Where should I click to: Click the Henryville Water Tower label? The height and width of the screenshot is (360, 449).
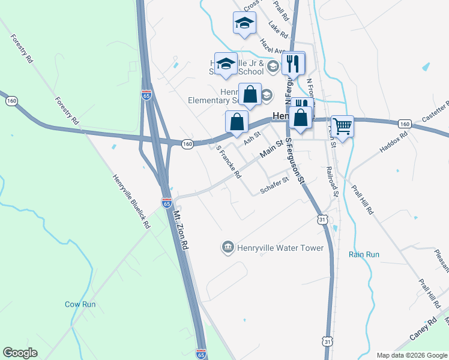coord(280,248)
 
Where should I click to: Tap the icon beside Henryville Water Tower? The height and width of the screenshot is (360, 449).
coord(228,247)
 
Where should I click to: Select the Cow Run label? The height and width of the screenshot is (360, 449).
coord(80,304)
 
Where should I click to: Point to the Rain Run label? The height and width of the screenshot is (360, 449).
coord(364,254)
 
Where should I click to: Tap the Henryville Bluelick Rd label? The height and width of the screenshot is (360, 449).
coord(131,202)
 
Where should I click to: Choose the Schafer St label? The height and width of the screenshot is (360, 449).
coord(275,190)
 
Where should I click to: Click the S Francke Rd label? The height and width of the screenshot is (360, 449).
coord(229,163)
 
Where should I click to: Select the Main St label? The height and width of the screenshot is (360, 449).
coord(271,150)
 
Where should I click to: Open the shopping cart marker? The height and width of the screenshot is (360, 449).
coord(342,127)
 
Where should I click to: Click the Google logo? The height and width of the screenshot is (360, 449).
coord(20,353)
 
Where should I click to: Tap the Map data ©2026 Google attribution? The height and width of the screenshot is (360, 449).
coord(411,355)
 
